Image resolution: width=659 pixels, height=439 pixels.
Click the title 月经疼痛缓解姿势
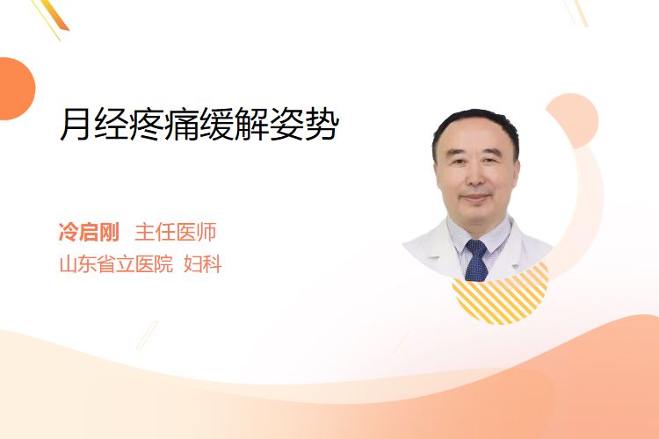click(199, 124)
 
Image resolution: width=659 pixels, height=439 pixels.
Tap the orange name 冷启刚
click(89, 232)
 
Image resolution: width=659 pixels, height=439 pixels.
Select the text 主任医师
click(175, 232)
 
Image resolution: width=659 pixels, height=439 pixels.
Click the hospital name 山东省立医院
click(116, 264)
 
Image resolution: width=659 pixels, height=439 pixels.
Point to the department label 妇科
click(203, 264)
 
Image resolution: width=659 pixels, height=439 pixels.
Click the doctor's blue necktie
click(476, 261)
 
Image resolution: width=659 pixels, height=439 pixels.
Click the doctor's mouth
click(475, 198)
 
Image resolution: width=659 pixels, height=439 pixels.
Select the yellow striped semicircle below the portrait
click(501, 294)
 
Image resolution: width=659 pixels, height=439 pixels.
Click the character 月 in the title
click(76, 125)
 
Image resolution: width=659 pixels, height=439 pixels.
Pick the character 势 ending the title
click(322, 125)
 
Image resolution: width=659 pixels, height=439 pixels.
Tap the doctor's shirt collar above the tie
click(477, 233)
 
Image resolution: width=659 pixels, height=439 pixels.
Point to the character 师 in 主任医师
click(206, 232)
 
